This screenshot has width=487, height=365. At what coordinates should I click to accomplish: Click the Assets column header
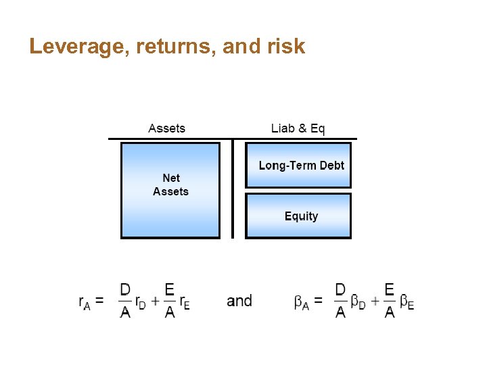[x=166, y=128]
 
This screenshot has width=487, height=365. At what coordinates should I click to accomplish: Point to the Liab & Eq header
[x=298, y=128]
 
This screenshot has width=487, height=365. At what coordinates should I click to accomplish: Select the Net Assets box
[x=170, y=190]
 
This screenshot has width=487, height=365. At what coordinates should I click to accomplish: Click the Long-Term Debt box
[x=298, y=165]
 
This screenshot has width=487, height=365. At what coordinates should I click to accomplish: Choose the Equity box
[x=298, y=216]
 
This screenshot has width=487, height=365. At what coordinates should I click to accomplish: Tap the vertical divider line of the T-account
[x=232, y=189]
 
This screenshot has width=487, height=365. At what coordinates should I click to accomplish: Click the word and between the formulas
[x=239, y=301]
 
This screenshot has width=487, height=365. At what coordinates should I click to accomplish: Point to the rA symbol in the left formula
[x=85, y=302]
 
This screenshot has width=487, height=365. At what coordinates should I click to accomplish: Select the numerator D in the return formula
[x=125, y=290]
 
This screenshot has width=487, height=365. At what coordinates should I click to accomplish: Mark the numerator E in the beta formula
[x=389, y=290]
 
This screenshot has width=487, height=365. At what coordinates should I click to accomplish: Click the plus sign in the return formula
[x=155, y=301]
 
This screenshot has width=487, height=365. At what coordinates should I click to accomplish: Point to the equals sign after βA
[x=318, y=301]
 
